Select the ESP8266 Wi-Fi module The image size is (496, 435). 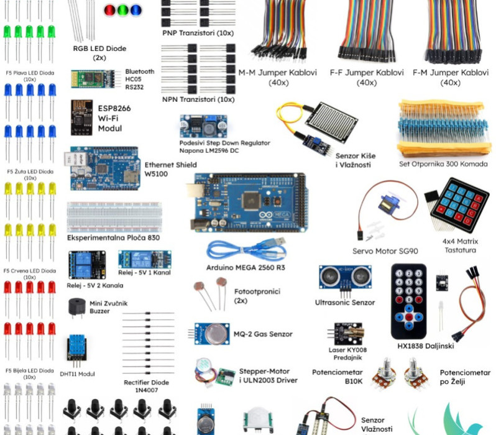81,116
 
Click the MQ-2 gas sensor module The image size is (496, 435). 212,334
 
